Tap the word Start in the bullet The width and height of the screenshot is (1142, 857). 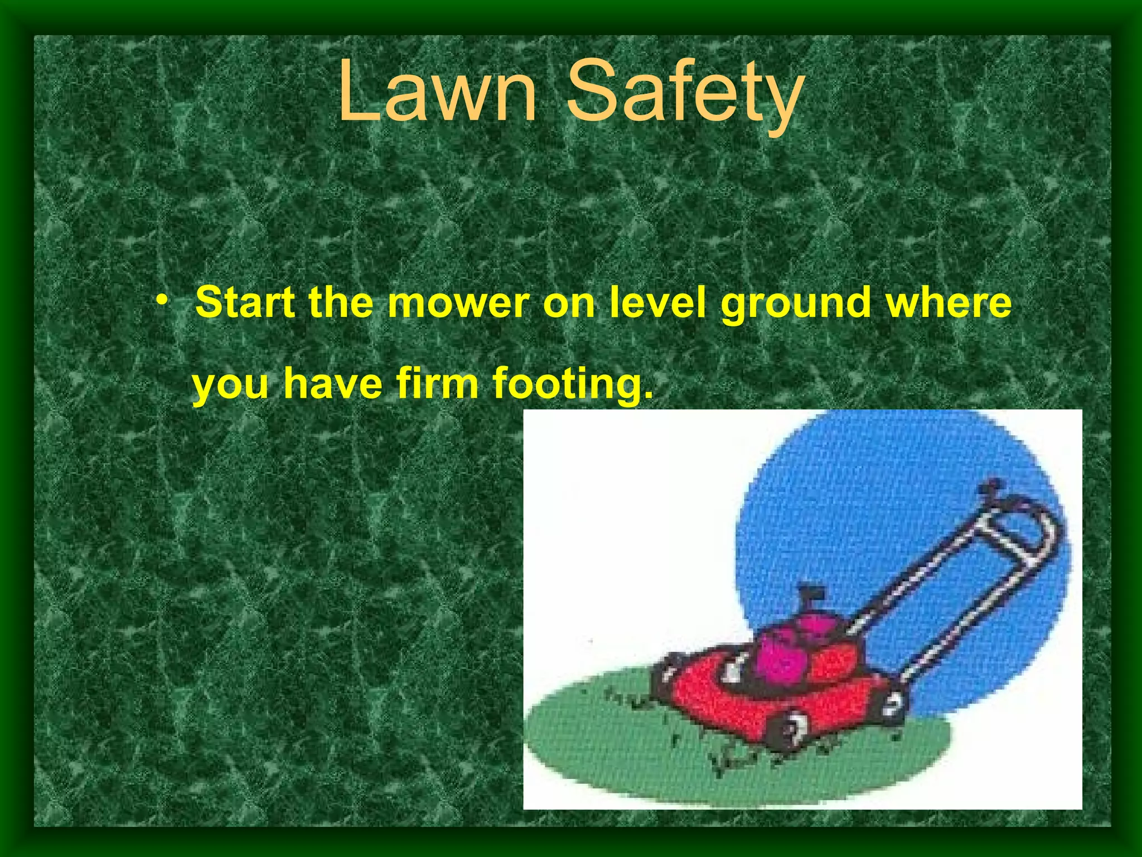pyautogui.click(x=245, y=302)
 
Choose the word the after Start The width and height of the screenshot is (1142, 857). pyautogui.click(x=341, y=302)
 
